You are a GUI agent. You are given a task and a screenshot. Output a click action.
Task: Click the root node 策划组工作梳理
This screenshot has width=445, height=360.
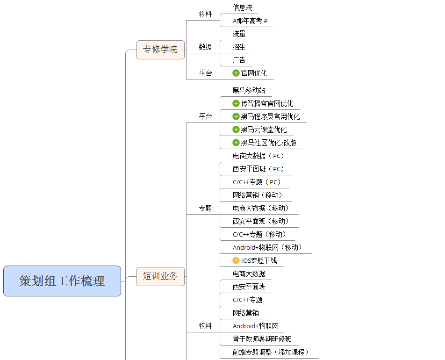click(62, 281)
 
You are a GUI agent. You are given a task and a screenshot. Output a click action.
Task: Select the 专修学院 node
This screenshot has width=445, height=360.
click(160, 50)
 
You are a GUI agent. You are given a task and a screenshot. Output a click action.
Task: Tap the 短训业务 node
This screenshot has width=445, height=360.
click(160, 276)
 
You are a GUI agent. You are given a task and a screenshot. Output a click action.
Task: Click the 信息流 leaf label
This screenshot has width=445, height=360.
click(243, 8)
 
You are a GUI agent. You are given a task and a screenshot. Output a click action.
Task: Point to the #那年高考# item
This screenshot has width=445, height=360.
click(250, 21)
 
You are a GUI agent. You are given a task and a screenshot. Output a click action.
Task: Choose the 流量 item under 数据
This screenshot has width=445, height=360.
click(239, 34)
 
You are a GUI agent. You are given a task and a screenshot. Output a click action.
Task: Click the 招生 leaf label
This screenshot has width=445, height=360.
click(239, 47)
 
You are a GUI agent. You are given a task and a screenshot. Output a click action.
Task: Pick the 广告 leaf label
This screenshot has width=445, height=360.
click(239, 60)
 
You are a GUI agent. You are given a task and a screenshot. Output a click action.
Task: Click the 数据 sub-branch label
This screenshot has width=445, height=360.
click(205, 47)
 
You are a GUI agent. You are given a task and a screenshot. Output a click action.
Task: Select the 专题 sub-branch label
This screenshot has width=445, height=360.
click(205, 209)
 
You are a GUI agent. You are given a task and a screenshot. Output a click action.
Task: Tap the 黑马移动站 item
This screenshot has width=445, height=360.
click(249, 91)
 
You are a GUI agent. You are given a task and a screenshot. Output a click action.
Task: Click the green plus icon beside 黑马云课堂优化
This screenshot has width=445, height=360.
click(236, 130)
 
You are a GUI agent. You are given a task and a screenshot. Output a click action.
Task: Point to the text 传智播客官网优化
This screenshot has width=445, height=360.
click(267, 104)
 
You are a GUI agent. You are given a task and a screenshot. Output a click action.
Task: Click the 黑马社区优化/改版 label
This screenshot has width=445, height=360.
click(269, 143)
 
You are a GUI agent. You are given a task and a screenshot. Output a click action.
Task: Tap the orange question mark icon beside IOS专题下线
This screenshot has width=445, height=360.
click(236, 261)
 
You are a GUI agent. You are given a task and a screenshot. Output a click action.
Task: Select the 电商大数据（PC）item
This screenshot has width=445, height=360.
click(259, 156)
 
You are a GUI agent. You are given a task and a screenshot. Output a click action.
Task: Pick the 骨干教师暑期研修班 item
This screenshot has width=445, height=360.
click(262, 339)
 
